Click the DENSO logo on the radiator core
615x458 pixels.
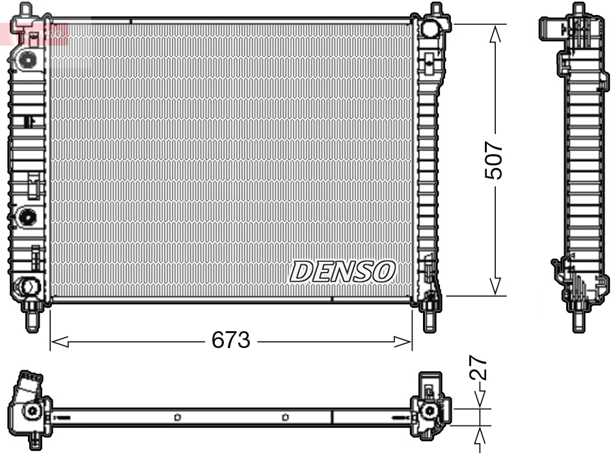(342, 271)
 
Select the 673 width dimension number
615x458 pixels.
(231, 340)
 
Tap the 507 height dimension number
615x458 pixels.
(495, 160)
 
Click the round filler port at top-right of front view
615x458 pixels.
(430, 29)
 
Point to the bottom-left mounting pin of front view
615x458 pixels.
(31, 318)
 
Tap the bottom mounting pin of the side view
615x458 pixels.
(577, 321)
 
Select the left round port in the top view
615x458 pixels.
(31, 411)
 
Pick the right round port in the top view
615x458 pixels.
(428, 411)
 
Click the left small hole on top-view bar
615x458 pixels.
(177, 418)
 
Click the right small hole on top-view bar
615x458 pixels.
(285, 418)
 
